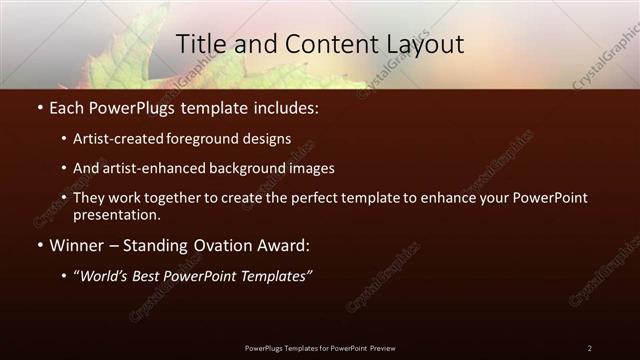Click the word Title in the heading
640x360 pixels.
click(x=200, y=44)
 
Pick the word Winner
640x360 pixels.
click(x=76, y=244)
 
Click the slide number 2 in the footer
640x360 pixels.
click(x=589, y=348)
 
